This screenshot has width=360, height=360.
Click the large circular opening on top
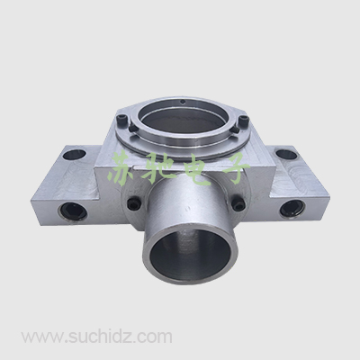(184, 119)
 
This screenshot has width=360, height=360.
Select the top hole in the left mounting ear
(73, 155)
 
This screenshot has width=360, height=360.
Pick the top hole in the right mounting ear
(286, 155)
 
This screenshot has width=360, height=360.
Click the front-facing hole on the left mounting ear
(74, 211)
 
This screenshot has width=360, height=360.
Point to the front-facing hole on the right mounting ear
(292, 209)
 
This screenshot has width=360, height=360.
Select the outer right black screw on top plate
(243, 121)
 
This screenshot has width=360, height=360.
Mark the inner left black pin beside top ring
(132, 129)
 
